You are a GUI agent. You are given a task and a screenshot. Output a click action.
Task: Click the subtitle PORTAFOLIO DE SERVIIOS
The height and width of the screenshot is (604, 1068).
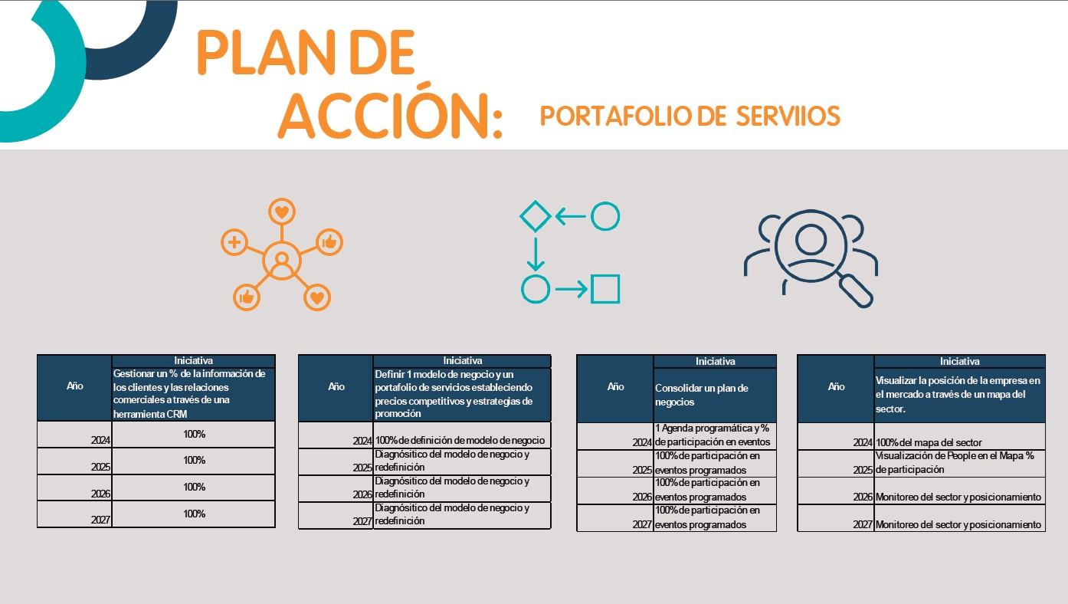[x=690, y=116]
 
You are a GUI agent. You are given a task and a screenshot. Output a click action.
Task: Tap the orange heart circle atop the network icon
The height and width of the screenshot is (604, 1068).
[x=282, y=212]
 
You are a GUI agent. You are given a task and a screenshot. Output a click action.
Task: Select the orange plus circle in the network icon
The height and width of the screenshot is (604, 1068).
[x=234, y=243]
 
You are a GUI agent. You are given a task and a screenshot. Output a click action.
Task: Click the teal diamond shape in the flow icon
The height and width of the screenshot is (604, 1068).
[x=536, y=216]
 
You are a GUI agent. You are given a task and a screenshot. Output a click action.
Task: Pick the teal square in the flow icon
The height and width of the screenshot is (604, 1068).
[x=605, y=289]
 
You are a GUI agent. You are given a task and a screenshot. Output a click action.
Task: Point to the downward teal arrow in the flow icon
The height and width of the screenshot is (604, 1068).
[x=536, y=254]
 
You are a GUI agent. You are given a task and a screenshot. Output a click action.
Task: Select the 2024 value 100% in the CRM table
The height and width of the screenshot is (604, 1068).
[x=194, y=435]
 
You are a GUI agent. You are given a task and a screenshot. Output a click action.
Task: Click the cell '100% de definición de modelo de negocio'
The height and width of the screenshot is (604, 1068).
[x=461, y=441]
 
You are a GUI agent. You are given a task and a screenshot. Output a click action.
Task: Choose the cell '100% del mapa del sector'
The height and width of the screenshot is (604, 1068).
[x=959, y=442]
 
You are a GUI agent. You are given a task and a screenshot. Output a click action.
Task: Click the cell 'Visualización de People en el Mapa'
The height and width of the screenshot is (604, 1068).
[x=959, y=462]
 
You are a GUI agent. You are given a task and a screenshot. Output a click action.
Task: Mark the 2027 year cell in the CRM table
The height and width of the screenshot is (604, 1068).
[x=75, y=514]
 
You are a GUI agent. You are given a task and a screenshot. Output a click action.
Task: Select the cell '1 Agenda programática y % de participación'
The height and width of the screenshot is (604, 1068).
[x=714, y=435]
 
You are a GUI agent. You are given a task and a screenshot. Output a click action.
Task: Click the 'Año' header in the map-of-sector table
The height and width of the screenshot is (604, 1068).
[x=836, y=387]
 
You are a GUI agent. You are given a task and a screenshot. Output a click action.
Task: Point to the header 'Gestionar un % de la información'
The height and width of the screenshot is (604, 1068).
[x=193, y=393]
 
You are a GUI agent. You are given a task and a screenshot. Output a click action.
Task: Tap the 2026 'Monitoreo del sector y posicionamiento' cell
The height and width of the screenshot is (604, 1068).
[x=959, y=497]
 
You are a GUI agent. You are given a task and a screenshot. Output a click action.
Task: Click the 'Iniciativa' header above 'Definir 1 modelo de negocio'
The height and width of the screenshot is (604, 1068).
[x=462, y=360]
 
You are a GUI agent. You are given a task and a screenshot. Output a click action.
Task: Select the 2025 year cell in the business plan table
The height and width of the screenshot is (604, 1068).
[x=615, y=463]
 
